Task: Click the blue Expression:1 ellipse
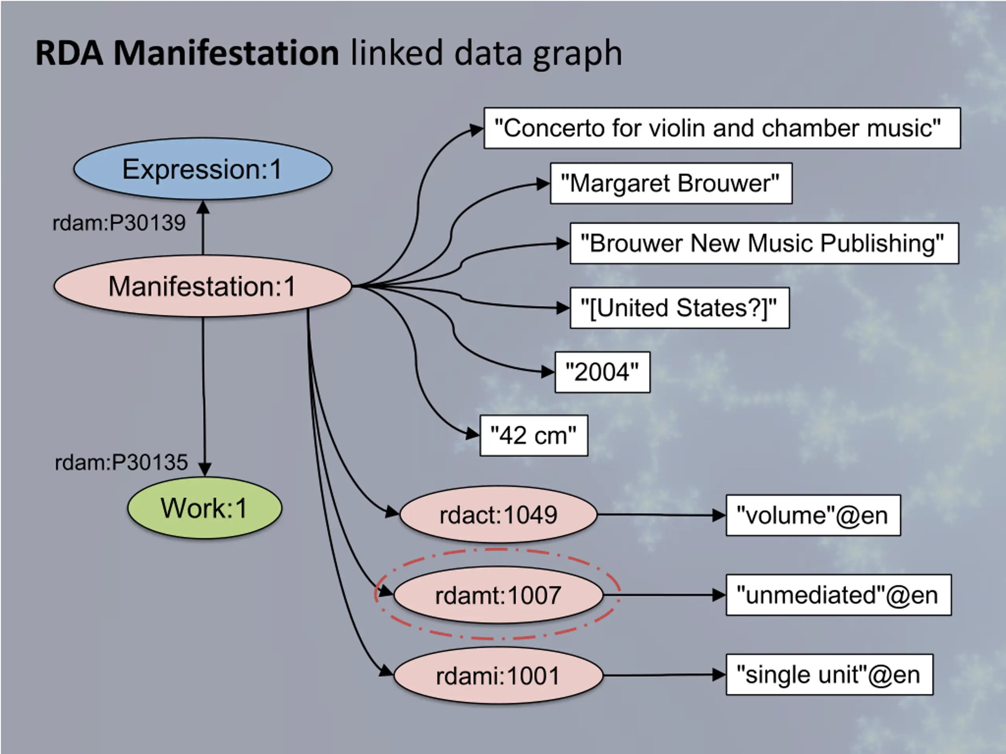203,168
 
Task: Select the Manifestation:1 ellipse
203,286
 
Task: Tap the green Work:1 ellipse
205,507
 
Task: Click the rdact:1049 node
498,514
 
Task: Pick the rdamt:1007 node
498,595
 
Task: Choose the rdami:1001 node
498,675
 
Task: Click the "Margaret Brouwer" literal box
671,183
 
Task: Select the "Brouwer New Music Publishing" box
764,243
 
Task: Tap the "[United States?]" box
680,308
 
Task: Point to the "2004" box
602,372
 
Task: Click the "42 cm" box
534,436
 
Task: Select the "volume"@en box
813,515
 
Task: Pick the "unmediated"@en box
839,595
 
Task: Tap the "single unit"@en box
830,674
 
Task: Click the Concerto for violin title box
722,128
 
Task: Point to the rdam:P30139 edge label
119,223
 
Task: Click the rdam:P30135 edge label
121,463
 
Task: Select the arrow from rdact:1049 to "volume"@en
662,515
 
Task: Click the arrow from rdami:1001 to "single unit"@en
665,675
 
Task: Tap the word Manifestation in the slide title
226,53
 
